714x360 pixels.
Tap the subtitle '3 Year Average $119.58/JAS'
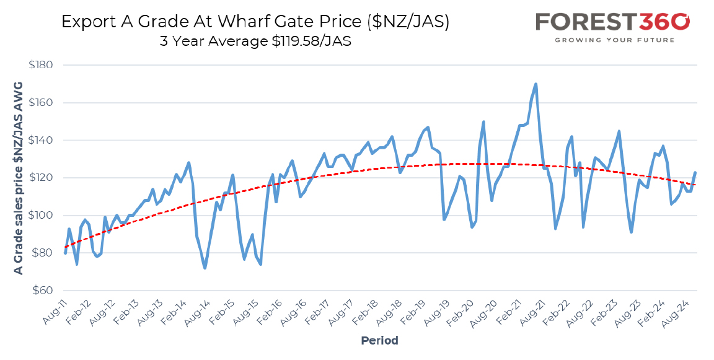pyautogui.click(x=255, y=42)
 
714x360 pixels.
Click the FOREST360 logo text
pyautogui.click(x=612, y=22)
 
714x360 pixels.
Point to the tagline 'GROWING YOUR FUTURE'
pyautogui.click(x=614, y=40)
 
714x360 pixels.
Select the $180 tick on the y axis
pyautogui.click(x=40, y=65)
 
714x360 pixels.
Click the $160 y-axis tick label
pyautogui.click(x=40, y=102)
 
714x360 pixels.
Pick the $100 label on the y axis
pyautogui.click(x=40, y=215)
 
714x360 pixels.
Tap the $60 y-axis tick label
pyautogui.click(x=42, y=291)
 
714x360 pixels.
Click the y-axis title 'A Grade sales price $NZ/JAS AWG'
pyautogui.click(x=18, y=178)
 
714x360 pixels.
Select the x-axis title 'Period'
pyautogui.click(x=379, y=340)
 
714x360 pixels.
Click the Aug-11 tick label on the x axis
pyautogui.click(x=54, y=312)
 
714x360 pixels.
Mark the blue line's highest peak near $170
pyautogui.click(x=535, y=84)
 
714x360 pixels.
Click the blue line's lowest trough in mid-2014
pyautogui.click(x=205, y=268)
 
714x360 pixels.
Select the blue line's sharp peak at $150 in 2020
pyautogui.click(x=483, y=122)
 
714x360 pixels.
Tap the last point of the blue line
pyautogui.click(x=695, y=172)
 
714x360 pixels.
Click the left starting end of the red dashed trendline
pyautogui.click(x=66, y=247)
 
